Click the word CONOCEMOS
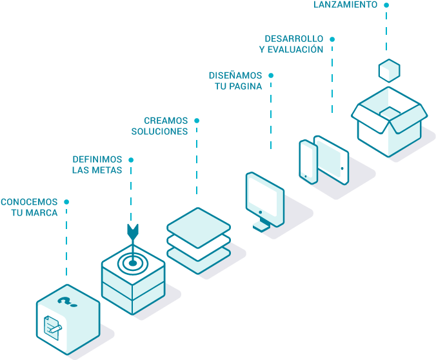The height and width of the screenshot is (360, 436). (29, 202)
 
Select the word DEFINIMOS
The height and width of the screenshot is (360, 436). (97, 159)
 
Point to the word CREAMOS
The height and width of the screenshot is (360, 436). (166, 121)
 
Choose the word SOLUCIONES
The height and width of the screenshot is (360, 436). (159, 132)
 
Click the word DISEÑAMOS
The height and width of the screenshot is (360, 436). (235, 75)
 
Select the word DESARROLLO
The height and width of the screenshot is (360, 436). (294, 39)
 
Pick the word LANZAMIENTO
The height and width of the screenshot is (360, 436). (346, 5)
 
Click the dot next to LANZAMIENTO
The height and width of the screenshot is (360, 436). (386, 5)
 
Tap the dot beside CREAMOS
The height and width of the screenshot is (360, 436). (197, 121)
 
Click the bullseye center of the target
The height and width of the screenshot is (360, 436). (133, 262)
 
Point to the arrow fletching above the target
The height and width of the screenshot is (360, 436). (133, 230)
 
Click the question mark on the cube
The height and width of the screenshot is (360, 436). (64, 301)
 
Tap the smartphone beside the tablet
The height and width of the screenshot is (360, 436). (308, 162)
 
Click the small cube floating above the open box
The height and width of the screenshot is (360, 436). (389, 70)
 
